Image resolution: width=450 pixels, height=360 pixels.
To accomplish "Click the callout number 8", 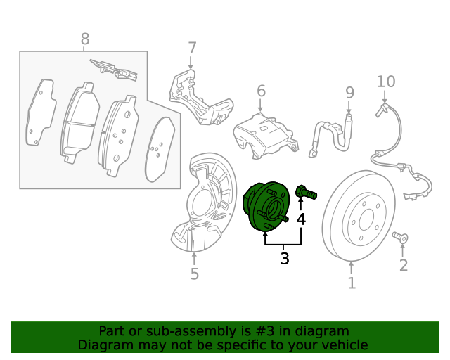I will coord(85,39).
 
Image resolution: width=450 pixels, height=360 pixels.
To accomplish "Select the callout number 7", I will coord(192,49).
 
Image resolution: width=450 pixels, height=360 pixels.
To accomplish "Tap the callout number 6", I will coord(261,91).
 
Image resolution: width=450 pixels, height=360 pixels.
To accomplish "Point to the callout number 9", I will coord(349,92).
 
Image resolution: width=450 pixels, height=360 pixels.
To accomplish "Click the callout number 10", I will coord(386,82).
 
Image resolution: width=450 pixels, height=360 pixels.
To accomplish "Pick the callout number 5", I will coord(195,274).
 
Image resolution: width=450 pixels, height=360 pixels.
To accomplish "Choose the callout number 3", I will coord(285,259).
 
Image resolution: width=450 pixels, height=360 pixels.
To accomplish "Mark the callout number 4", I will coord(301,219).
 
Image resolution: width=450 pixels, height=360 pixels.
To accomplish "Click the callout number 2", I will coord(404,265).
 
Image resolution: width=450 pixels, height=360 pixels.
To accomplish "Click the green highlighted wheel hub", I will coord(266,207).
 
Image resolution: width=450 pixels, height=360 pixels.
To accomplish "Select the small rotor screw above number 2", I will coord(401,238).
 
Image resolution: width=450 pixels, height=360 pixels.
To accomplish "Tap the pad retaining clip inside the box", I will coord(114,67).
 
